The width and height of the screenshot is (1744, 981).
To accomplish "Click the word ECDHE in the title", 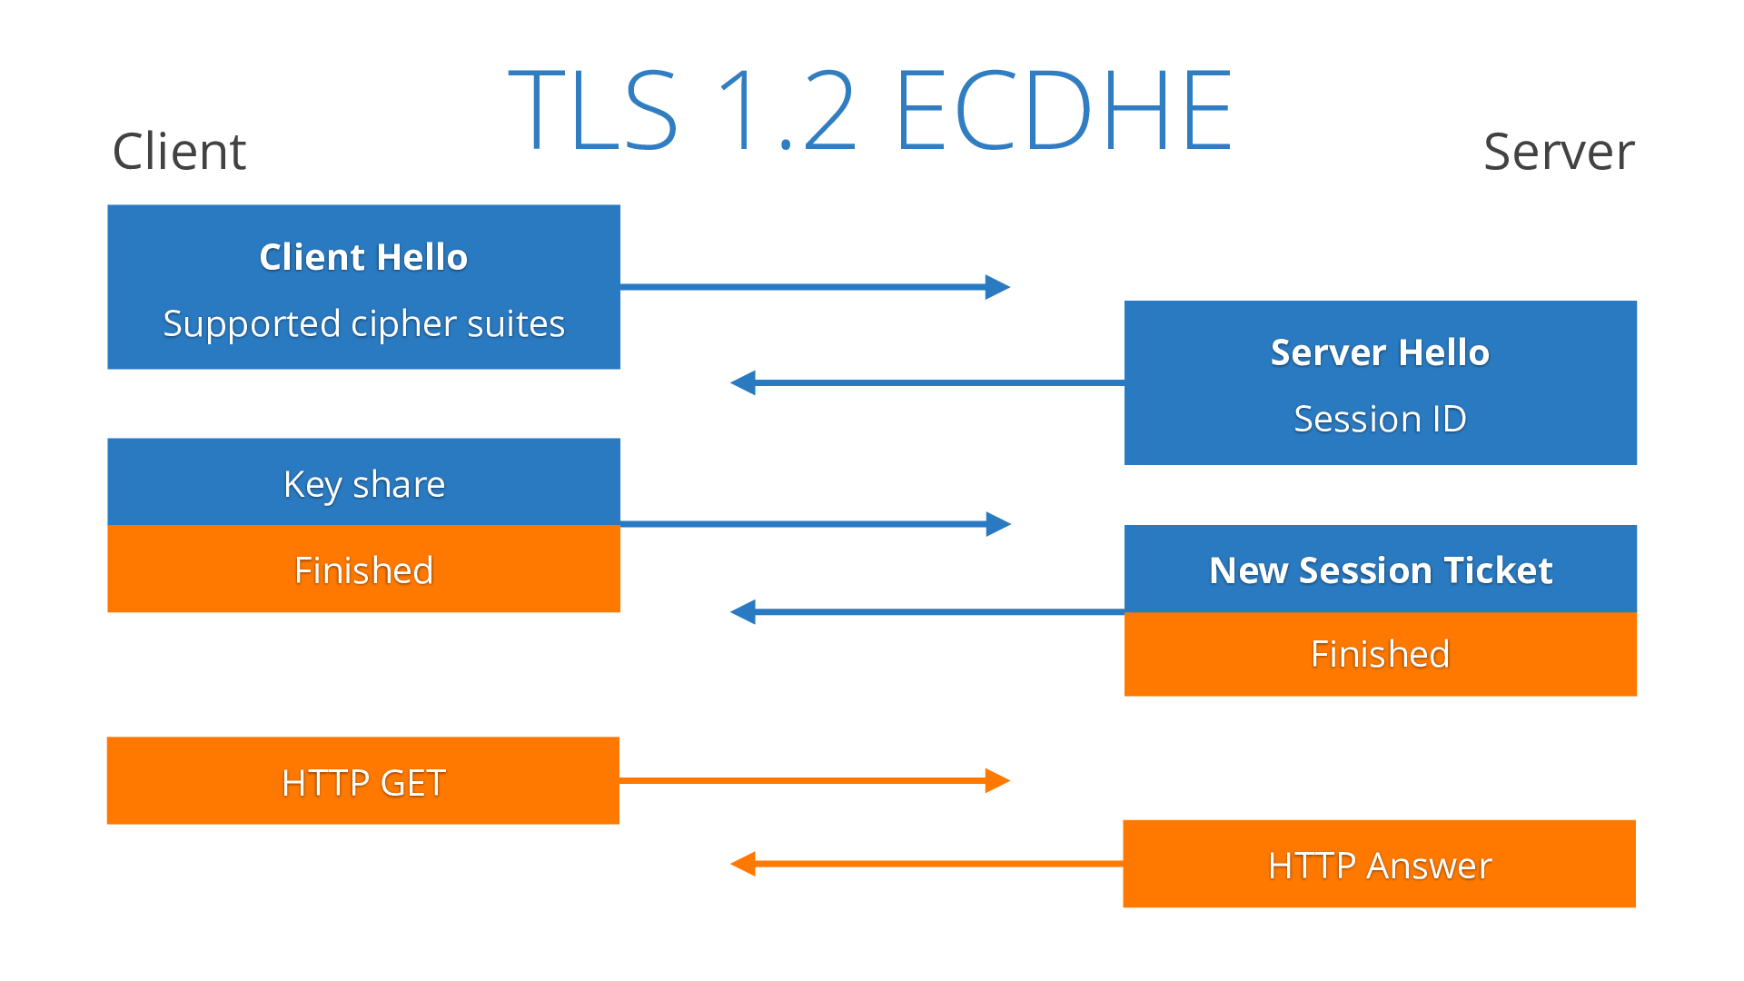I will point(1063,111).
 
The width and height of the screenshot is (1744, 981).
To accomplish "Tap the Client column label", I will point(179,151).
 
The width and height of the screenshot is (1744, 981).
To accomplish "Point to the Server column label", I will point(1559,151).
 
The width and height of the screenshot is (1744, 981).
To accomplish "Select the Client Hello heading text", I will point(363,257).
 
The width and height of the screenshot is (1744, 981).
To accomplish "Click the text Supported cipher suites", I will point(363,323).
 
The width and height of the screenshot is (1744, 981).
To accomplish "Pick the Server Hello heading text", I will point(1380,352).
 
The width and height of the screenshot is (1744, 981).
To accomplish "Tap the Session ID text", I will point(1380,419).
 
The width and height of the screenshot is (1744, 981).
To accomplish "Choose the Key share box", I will point(363,482).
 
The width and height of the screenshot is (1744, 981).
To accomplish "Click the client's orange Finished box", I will point(363,570).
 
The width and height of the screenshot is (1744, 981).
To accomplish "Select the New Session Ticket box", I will point(1380,570).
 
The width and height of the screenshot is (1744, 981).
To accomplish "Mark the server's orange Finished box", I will point(1380,654).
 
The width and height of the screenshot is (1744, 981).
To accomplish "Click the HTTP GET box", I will point(363,781).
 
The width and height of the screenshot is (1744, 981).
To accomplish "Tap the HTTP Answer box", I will point(1380,865).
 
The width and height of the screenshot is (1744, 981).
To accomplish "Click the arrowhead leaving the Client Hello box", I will point(998,287).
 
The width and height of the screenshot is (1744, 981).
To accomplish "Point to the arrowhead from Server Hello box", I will point(742,382).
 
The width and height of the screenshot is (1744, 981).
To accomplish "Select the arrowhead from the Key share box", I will point(998,524).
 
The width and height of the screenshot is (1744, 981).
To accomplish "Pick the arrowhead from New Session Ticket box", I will point(742,612).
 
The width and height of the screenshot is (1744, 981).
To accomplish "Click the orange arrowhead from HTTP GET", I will point(998,780).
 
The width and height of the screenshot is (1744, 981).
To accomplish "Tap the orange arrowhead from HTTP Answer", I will point(742,864).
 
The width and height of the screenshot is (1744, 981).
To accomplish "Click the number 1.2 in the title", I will point(787,111).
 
